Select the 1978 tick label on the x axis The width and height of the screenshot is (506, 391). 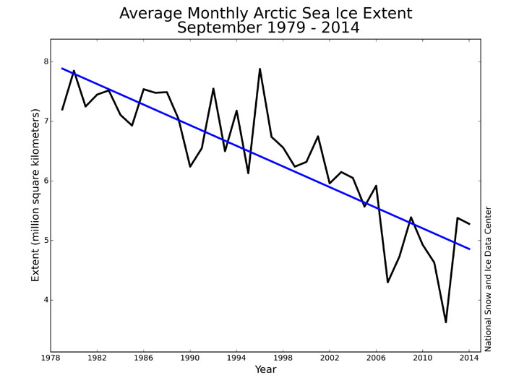click(x=51, y=357)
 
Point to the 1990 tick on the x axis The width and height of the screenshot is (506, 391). click(x=190, y=357)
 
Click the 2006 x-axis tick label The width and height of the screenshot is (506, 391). click(x=376, y=357)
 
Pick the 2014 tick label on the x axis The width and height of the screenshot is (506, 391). click(x=469, y=357)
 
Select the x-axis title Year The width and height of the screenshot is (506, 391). click(x=265, y=370)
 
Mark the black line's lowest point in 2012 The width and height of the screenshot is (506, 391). click(x=446, y=322)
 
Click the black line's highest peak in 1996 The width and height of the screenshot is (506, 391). click(x=260, y=69)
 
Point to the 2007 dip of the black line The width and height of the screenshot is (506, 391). click(x=387, y=282)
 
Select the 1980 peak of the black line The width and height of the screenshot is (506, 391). click(x=74, y=71)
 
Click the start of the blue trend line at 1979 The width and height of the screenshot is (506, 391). click(x=62, y=69)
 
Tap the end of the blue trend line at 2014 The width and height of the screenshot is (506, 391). click(x=469, y=249)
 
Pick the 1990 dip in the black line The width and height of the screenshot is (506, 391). click(x=190, y=167)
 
